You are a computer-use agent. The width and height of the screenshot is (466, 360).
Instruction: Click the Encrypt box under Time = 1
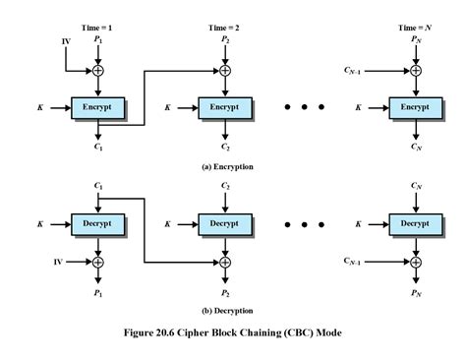click(x=96, y=105)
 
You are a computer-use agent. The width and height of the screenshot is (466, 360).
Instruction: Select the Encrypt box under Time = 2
click(x=225, y=105)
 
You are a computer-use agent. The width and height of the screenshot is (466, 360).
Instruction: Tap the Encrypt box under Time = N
click(x=415, y=105)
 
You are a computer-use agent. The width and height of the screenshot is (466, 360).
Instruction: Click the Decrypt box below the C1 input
click(x=96, y=224)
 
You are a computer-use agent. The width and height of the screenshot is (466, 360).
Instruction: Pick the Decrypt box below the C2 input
click(x=225, y=224)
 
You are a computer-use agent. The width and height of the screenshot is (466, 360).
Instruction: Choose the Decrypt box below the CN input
click(x=415, y=224)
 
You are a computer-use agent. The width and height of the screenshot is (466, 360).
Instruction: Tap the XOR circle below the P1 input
click(x=97, y=70)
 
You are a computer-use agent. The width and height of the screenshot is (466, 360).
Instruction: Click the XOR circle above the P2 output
click(x=225, y=262)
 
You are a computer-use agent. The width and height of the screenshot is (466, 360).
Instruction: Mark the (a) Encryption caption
click(x=227, y=167)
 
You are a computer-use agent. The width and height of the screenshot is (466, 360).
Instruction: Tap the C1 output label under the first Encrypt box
click(x=97, y=147)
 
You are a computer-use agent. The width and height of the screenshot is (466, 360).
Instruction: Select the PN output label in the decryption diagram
click(x=415, y=292)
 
